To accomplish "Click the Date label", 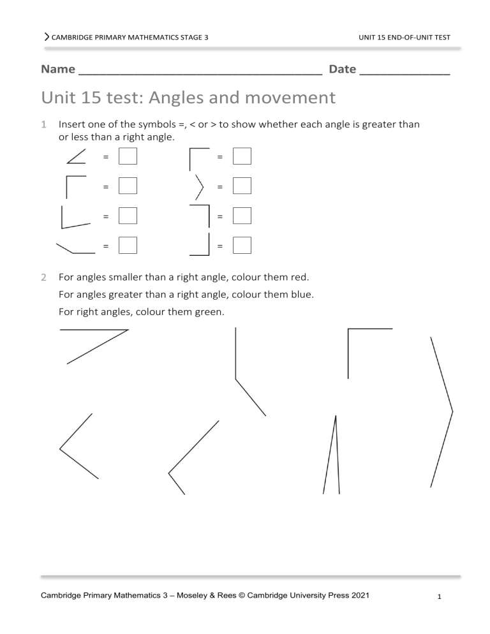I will pyautogui.click(x=342, y=69).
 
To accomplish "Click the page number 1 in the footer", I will pyautogui.click(x=440, y=597).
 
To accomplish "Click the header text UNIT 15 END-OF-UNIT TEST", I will pyautogui.click(x=405, y=38).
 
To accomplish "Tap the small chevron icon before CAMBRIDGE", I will pyautogui.click(x=47, y=38).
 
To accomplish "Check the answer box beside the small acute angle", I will pyautogui.click(x=128, y=156).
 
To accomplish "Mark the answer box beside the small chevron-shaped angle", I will pyautogui.click(x=242, y=186).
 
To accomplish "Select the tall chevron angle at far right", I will pyautogui.click(x=443, y=411).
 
